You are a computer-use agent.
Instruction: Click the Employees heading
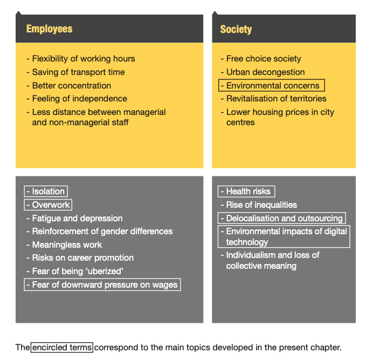pyautogui.click(x=49, y=29)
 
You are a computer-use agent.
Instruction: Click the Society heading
pyautogui.click(x=236, y=30)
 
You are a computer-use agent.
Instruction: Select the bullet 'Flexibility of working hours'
pyautogui.click(x=81, y=59)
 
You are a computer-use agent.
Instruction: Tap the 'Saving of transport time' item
pyautogui.click(x=75, y=72)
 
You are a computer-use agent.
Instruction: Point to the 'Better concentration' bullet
pyautogui.click(x=69, y=86)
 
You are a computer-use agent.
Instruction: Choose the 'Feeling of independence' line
pyautogui.click(x=77, y=99)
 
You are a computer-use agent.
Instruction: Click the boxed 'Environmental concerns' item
pyautogui.click(x=272, y=85)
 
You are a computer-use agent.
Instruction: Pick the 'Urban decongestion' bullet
pyautogui.click(x=263, y=72)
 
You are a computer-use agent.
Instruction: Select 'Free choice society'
pyautogui.click(x=261, y=59)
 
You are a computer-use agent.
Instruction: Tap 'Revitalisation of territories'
pyautogui.click(x=274, y=99)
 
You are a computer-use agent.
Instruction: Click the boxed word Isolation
pyautogui.click(x=46, y=191)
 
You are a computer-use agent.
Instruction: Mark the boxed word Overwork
pyautogui.click(x=48, y=205)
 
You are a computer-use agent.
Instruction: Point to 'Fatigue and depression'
pyautogui.click(x=74, y=219)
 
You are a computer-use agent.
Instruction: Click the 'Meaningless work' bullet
pyautogui.click(x=64, y=244)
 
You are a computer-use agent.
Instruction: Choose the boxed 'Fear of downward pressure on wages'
pyautogui.click(x=102, y=284)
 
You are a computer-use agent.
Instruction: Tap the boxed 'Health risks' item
pyautogui.click(x=246, y=192)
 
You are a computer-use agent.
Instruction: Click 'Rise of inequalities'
pyautogui.click(x=259, y=205)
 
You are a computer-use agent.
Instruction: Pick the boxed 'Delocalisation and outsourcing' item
pyautogui.click(x=282, y=218)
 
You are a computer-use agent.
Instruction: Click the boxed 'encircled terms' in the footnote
pyautogui.click(x=62, y=348)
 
